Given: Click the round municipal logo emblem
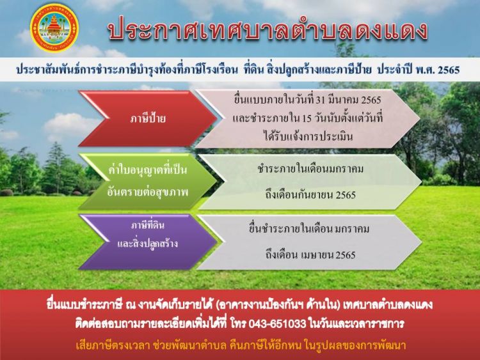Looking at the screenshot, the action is pyautogui.click(x=54, y=28).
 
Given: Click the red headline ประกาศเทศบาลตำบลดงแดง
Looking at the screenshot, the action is pyautogui.click(x=268, y=31).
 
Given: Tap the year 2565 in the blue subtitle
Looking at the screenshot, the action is pyautogui.click(x=449, y=70).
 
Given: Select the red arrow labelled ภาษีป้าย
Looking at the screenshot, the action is pyautogui.click(x=148, y=119).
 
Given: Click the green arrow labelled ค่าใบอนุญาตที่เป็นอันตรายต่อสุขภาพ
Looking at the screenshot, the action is pyautogui.click(x=148, y=181).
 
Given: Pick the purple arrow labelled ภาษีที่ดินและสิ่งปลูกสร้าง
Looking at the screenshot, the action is pyautogui.click(x=148, y=242).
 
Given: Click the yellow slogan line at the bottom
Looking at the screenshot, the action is pyautogui.click(x=241, y=345).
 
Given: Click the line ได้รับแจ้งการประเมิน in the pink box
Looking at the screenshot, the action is pyautogui.click(x=308, y=136).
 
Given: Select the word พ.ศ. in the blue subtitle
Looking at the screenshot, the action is pyautogui.click(x=425, y=70).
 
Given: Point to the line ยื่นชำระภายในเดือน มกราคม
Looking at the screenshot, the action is pyautogui.click(x=309, y=229).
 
